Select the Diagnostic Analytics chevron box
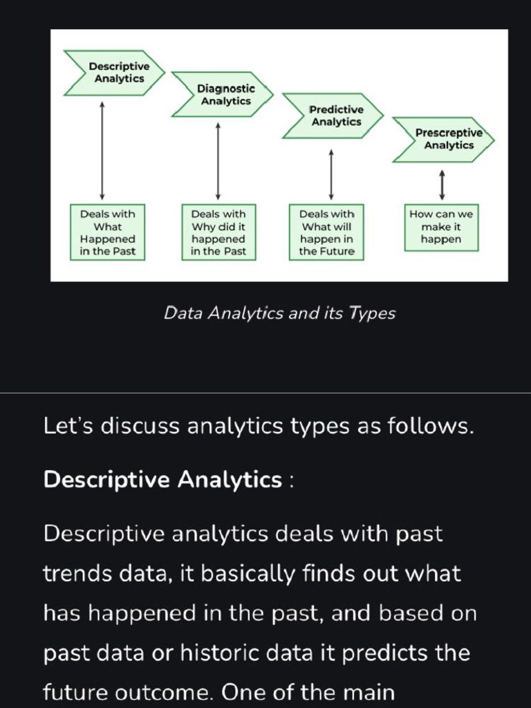[x=223, y=95]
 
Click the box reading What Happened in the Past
[x=108, y=232]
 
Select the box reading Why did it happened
[x=218, y=232]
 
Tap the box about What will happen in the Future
[x=327, y=232]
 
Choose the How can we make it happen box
[x=441, y=227]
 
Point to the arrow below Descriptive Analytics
[x=102, y=150]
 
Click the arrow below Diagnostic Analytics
[x=218, y=160]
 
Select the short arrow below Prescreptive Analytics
[x=441, y=184]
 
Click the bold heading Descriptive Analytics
[x=162, y=479]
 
